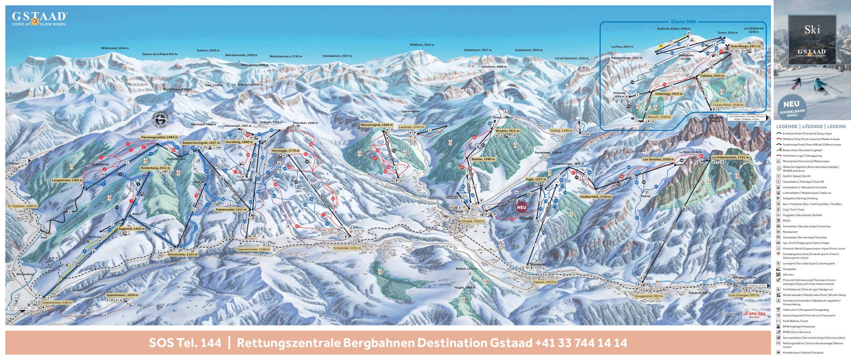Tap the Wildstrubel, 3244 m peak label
(x=115, y=48)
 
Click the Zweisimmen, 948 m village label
(x=57, y=302)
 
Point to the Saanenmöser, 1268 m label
(x=253, y=249)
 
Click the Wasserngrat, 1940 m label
(x=377, y=125)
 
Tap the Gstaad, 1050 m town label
(x=473, y=221)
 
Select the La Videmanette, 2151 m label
(x=730, y=157)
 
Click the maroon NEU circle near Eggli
(x=522, y=207)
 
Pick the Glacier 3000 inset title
(x=683, y=22)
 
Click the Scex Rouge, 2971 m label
(x=745, y=46)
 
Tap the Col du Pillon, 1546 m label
(x=728, y=105)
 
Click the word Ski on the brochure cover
(x=812, y=30)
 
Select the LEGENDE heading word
(x=787, y=126)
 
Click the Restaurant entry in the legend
(x=790, y=232)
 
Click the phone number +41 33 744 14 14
(x=581, y=343)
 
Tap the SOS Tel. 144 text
(x=185, y=343)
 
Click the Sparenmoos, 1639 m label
(x=122, y=295)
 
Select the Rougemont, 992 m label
(x=649, y=296)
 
